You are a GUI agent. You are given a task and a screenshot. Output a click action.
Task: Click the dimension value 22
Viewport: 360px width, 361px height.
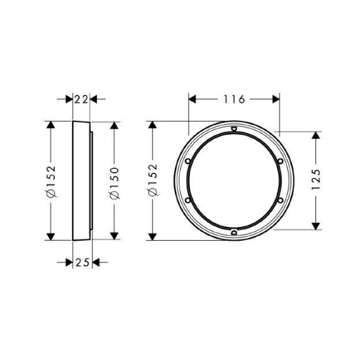coord(81,99)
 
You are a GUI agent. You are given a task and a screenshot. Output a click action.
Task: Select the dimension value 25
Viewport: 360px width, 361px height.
coord(82,262)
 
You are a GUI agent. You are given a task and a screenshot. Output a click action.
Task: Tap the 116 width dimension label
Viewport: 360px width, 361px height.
coord(234,99)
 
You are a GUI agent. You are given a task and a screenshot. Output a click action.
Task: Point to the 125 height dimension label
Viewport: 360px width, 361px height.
coord(315,179)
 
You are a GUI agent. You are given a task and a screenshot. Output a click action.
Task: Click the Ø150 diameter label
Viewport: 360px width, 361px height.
coord(115,183)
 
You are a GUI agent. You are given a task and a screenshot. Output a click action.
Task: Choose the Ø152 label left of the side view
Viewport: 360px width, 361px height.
coord(50,181)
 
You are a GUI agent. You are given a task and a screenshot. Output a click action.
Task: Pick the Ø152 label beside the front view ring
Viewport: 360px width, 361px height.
coord(153,180)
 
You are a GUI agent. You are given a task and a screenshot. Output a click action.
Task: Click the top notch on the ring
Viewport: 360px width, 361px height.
coord(234,129)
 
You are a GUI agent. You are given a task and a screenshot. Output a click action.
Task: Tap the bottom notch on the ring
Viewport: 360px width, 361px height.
coord(234,232)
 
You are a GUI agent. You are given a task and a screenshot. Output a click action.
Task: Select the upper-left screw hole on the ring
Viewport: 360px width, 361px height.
coord(188,161)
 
